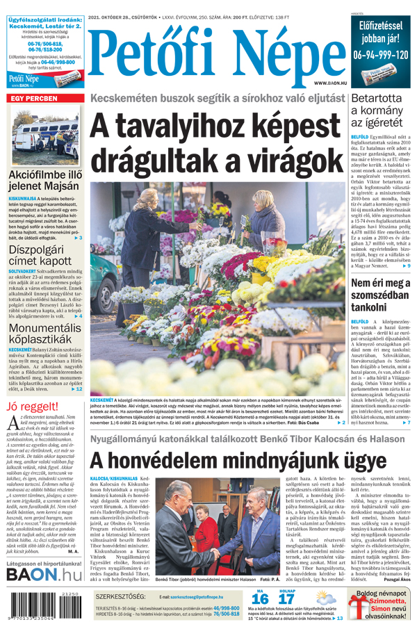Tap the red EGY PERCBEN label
[33, 99]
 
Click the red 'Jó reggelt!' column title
[32, 407]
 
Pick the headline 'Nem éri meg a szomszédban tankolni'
[381, 295]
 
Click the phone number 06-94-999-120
[381, 54]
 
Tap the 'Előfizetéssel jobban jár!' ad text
[381, 31]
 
